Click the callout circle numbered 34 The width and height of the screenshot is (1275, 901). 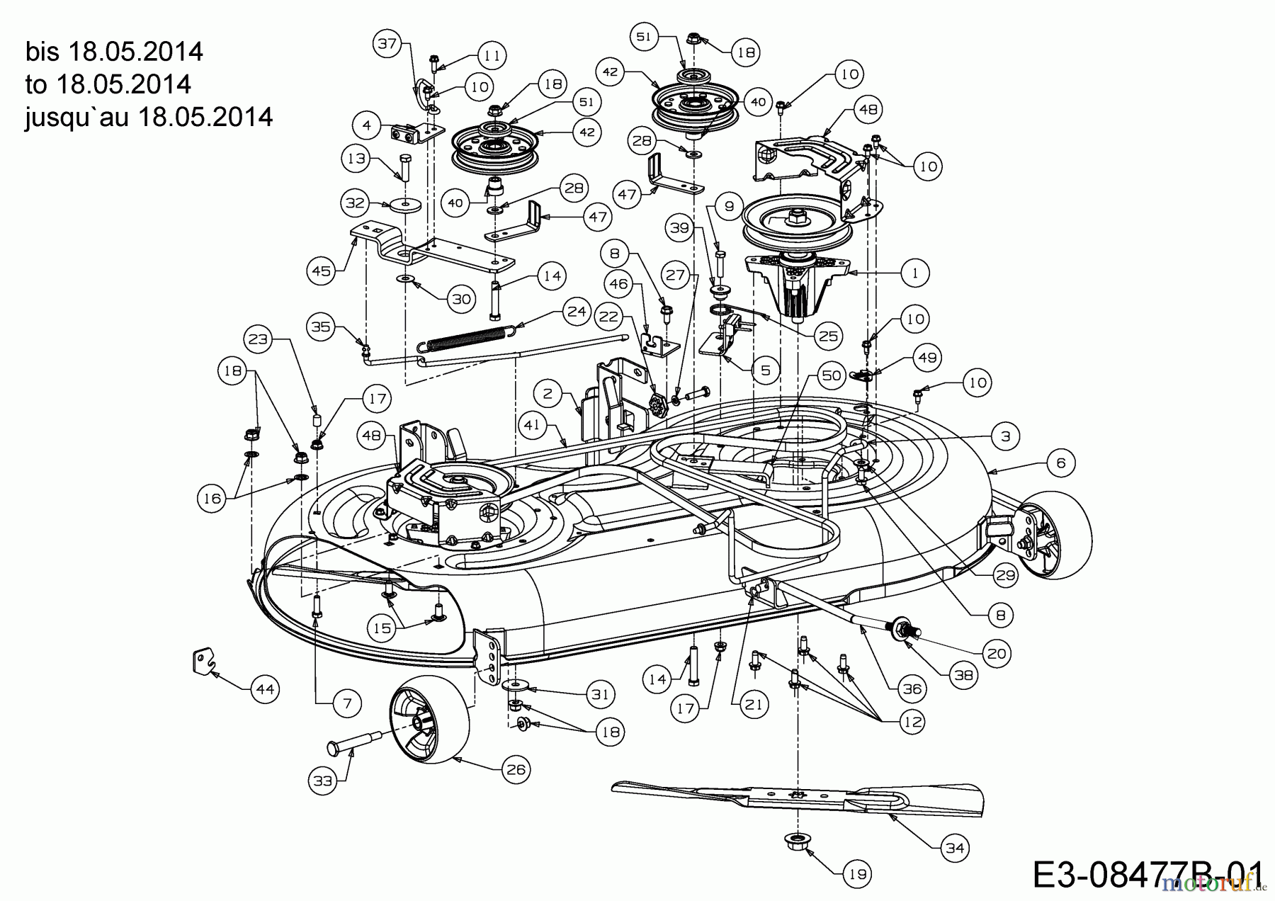point(955,847)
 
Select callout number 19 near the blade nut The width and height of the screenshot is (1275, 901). point(858,874)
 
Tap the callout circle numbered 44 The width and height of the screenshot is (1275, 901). point(265,688)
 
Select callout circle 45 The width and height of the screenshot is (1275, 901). point(322,271)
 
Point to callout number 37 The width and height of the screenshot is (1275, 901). point(387,44)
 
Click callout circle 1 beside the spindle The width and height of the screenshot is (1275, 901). point(915,272)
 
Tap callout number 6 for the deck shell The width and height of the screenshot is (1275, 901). point(1060,463)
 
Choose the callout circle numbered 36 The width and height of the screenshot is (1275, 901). point(912,688)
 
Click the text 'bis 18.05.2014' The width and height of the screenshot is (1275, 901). point(114,52)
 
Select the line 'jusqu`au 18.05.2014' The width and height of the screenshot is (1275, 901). point(149,116)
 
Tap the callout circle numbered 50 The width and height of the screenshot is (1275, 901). point(831,374)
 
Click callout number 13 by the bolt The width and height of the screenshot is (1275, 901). point(356,158)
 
